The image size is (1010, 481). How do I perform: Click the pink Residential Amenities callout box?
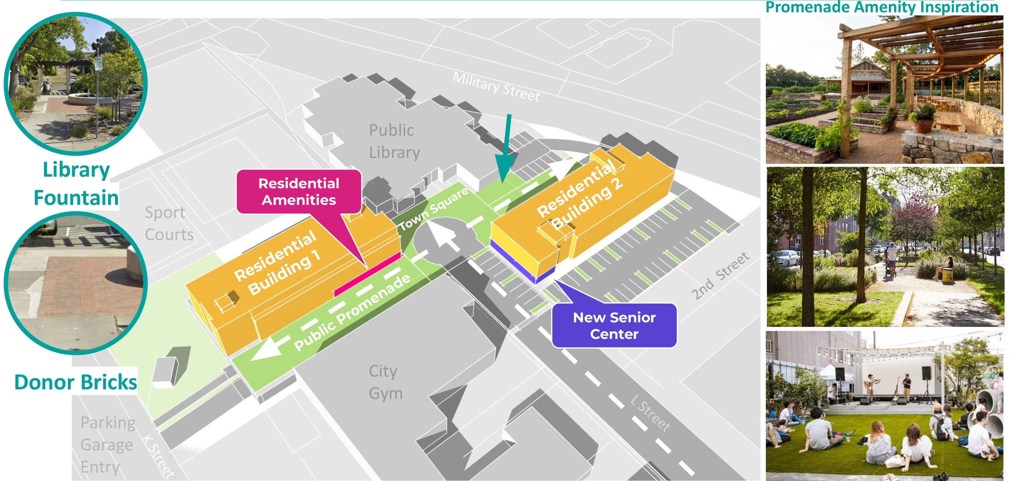coord(299,192)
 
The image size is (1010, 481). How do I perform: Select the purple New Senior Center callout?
coord(614,326)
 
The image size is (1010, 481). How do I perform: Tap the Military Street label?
coord(496,87)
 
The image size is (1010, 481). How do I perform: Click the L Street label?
coord(650,413)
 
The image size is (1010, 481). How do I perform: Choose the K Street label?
coord(158,456)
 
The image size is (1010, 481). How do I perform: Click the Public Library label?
coord(394,141)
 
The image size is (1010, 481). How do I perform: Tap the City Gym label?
coord(385,382)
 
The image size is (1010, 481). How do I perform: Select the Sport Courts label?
coord(168,224)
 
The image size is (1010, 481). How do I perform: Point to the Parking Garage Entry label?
coord(107,445)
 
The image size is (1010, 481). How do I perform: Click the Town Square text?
coord(433,209)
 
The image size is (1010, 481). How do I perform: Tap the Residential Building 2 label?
coord(580,194)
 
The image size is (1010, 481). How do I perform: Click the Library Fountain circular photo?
coord(76,84)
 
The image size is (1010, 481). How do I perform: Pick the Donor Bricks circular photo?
coord(76,283)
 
